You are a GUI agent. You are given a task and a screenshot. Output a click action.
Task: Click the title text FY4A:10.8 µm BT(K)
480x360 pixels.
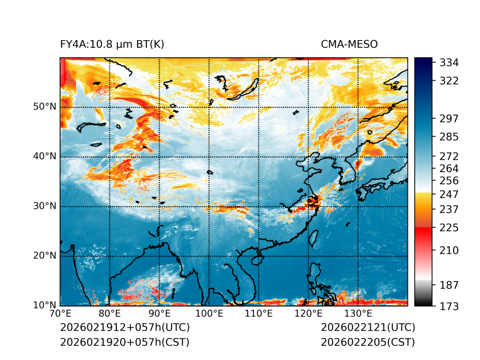[x=112, y=44]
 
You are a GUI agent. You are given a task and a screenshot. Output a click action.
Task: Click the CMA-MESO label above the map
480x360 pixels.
[x=349, y=44]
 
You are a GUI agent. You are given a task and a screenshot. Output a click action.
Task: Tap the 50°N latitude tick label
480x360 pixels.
[x=45, y=107]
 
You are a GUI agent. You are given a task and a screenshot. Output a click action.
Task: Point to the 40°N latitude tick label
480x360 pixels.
[x=45, y=156]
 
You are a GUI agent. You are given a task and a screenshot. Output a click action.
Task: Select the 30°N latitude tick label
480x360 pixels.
[x=45, y=206]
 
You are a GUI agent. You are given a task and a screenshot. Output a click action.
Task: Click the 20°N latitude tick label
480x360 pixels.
[x=45, y=256]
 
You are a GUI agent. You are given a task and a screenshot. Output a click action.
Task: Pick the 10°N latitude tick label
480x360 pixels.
[x=45, y=305]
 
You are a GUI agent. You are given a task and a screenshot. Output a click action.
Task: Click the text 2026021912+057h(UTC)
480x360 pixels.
[x=124, y=328]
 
